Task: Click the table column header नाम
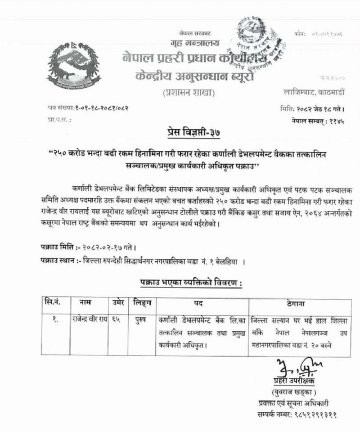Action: (x=85, y=303)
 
